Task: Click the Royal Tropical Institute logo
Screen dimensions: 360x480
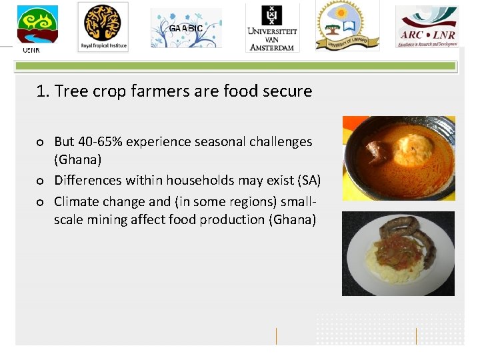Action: [x=103, y=27]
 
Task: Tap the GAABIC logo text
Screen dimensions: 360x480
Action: [x=185, y=29]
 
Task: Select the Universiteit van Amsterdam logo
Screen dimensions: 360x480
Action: [x=271, y=27]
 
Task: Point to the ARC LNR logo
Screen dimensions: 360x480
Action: [x=427, y=27]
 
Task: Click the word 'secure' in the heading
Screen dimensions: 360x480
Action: [x=287, y=91]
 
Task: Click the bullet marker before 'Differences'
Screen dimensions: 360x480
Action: [x=41, y=181]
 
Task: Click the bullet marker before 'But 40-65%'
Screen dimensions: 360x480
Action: [x=41, y=142]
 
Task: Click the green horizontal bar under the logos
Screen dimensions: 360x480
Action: [x=236, y=66]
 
